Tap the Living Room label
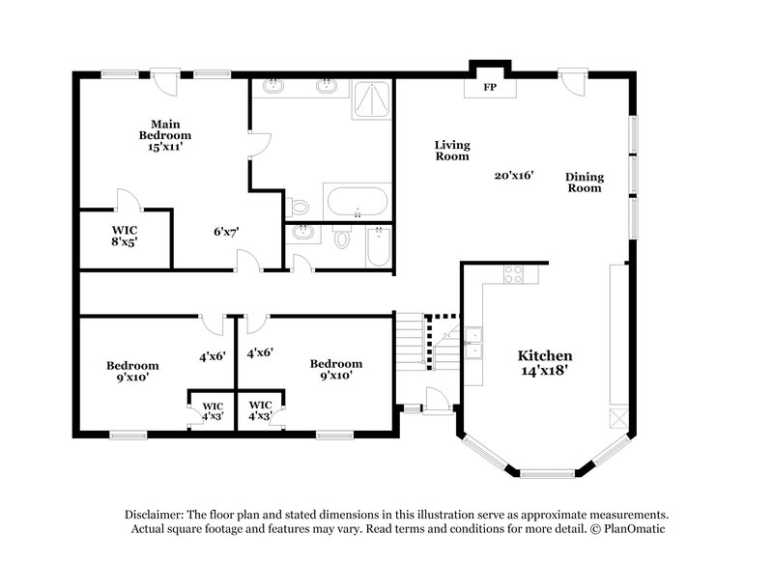(451, 150)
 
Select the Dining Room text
(584, 182)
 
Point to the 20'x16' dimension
(514, 176)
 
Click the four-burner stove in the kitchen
(513, 274)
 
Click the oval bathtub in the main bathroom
(357, 204)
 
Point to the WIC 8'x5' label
(125, 237)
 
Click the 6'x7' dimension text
(226, 232)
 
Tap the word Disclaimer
(155, 515)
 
